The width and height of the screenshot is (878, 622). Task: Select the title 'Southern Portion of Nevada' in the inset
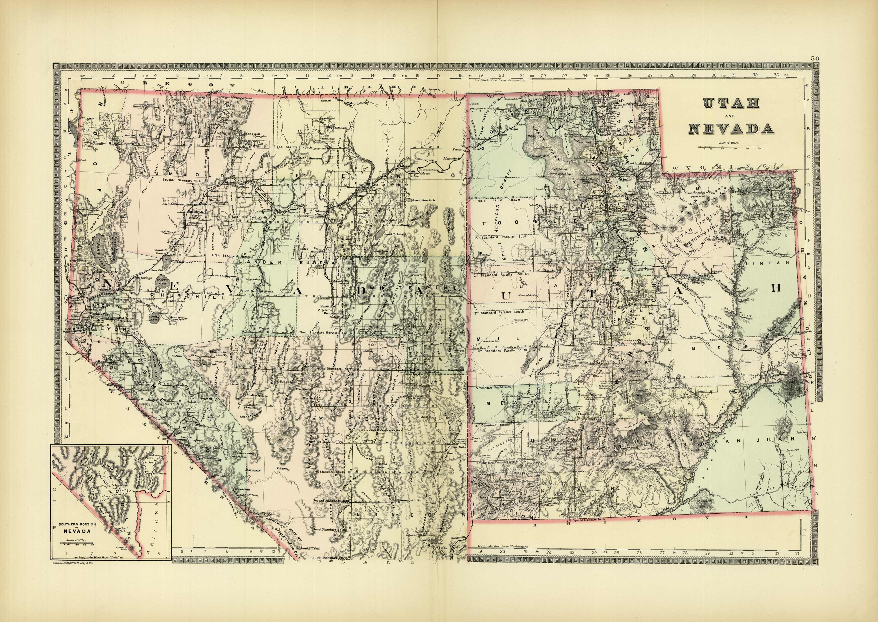click(x=75, y=528)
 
